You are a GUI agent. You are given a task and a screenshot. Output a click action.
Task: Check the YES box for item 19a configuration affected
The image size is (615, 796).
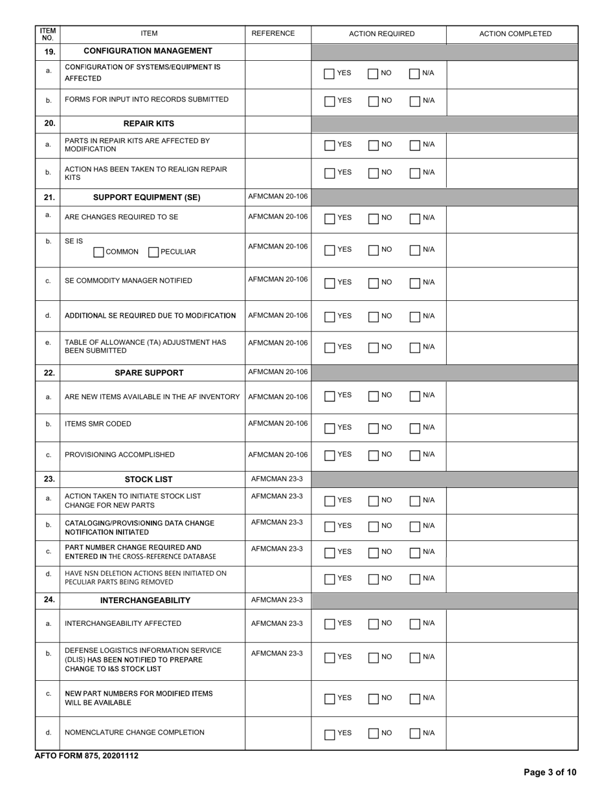click(x=330, y=74)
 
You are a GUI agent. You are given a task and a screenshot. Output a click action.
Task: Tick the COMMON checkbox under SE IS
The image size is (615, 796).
click(x=98, y=252)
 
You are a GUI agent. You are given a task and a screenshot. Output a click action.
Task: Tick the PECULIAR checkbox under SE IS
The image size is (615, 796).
click(x=153, y=252)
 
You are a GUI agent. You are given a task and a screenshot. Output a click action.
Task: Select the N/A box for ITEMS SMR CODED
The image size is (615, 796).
click(x=416, y=428)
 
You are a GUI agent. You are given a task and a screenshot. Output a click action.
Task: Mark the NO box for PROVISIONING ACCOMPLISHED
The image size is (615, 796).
click(x=374, y=456)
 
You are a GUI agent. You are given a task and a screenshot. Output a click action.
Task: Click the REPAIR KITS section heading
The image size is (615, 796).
click(x=149, y=123)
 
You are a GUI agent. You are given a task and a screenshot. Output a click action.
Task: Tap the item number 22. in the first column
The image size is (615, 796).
click(x=48, y=372)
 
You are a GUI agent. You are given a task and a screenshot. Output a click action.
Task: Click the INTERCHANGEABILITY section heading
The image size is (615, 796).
click(x=145, y=601)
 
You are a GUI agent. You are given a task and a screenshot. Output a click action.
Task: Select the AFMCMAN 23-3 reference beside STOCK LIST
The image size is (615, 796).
click(x=276, y=479)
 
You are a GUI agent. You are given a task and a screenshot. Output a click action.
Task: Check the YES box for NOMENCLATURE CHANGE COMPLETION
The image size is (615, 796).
click(x=330, y=734)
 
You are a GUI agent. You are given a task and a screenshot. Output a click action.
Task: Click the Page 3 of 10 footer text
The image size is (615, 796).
click(x=549, y=772)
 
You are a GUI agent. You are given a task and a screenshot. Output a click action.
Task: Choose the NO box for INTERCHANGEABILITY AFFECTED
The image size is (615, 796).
click(x=374, y=625)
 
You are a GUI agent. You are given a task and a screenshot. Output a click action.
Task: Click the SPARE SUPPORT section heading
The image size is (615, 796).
click(x=149, y=373)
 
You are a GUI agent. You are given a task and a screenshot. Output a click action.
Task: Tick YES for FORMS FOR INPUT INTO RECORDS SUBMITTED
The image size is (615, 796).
click(x=330, y=101)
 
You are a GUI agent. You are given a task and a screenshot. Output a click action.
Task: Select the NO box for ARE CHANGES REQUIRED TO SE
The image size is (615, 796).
click(x=374, y=219)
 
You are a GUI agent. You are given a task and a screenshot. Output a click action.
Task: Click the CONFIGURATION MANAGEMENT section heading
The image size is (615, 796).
click(x=148, y=50)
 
